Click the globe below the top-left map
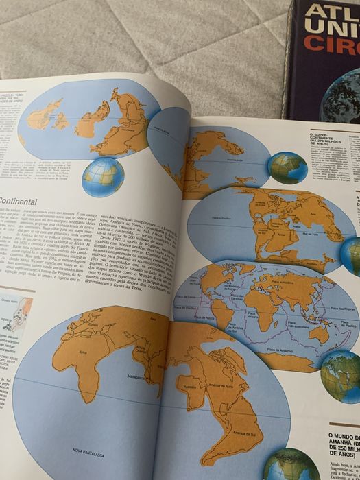click(103, 174)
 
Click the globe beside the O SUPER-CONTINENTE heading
click(287, 167)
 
